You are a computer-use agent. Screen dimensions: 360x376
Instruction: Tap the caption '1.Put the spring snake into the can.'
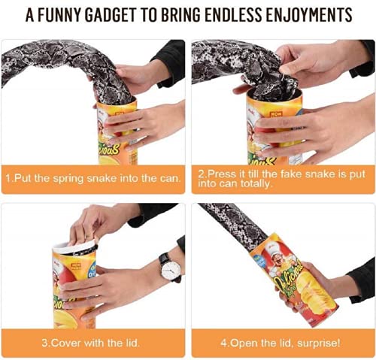[x=93, y=179]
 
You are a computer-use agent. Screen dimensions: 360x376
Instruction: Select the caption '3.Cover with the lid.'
[x=93, y=343]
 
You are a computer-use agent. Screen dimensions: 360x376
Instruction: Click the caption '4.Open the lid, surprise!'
[x=282, y=343]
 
